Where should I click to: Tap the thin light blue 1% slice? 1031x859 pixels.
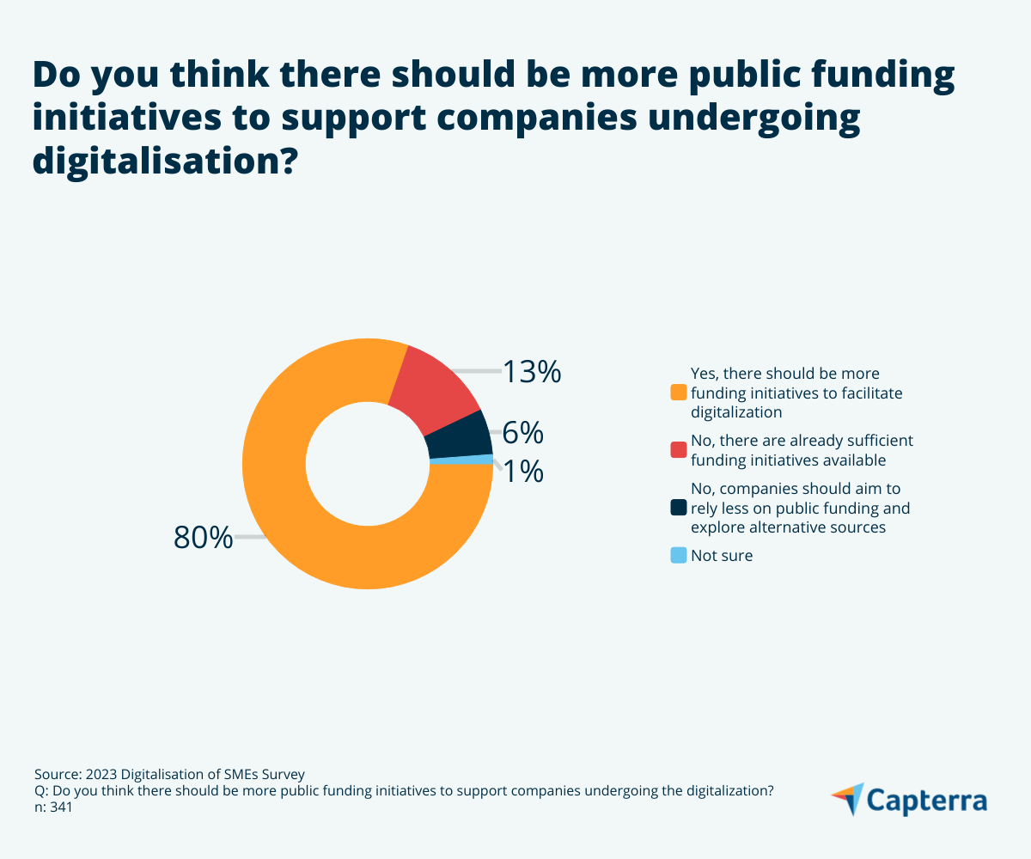point(461,460)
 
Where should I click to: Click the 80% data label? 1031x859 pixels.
point(203,538)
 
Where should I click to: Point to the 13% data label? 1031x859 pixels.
point(532,372)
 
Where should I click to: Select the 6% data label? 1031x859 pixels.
point(523,434)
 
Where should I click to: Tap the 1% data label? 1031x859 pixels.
point(523,472)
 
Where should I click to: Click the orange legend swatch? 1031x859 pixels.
point(679,393)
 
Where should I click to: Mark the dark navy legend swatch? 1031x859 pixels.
point(679,508)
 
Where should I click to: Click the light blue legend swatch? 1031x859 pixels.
point(679,556)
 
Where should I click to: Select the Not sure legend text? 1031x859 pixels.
point(722,556)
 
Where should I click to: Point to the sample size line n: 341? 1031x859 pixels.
point(53,807)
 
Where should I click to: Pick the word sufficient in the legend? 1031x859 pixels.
point(880,441)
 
